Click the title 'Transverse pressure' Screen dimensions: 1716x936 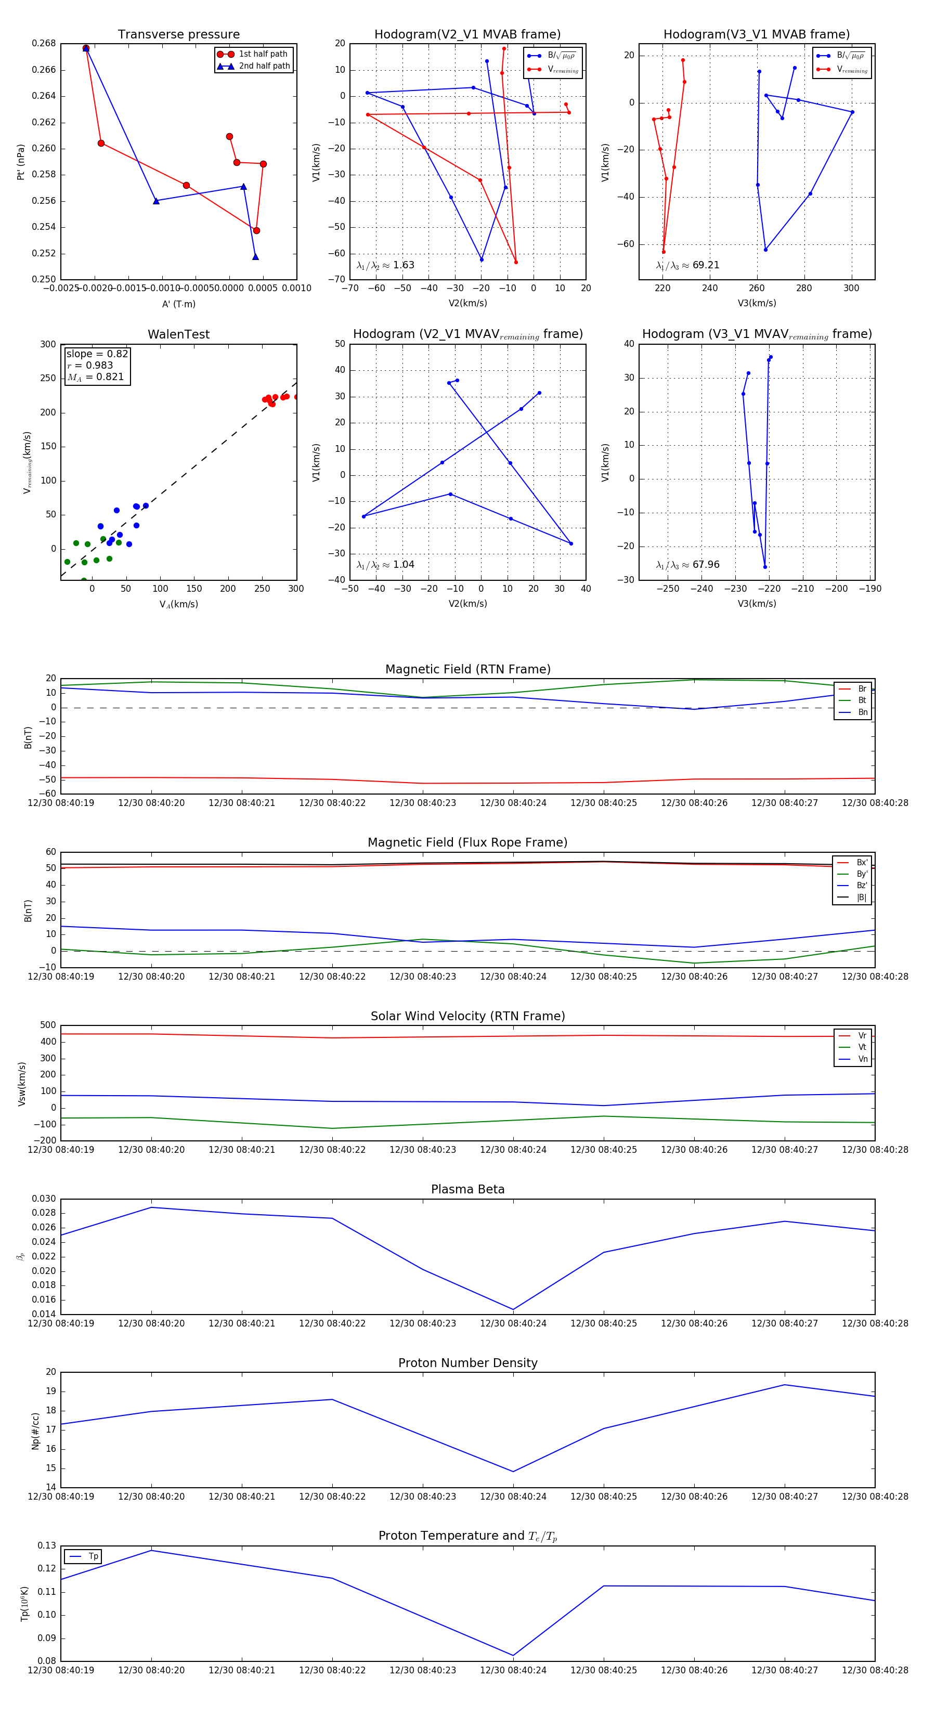178,35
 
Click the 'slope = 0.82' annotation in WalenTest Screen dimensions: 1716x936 97,354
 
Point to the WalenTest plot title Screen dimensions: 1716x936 178,334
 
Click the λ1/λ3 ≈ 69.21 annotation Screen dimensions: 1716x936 687,265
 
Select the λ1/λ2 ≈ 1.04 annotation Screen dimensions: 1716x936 385,565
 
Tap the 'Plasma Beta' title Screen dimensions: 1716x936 467,1190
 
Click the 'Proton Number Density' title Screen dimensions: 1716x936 467,1363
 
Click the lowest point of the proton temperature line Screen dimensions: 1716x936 513,1655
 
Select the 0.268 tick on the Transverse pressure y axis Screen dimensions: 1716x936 44,43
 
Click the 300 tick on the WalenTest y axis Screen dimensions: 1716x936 48,344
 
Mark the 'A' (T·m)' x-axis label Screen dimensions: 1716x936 178,304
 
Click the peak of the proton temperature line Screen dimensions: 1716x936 151,1550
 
